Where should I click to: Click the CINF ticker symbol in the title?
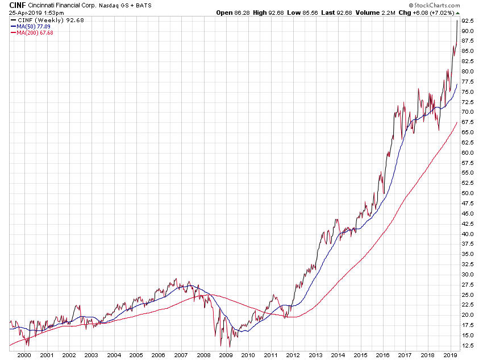(17, 5)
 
